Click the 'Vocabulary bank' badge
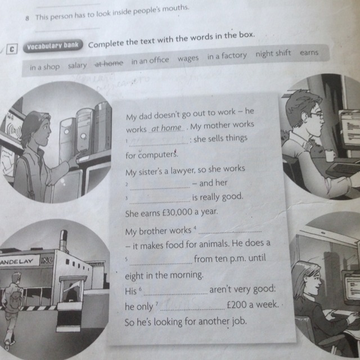53,46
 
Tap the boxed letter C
12,49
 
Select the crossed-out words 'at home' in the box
109,63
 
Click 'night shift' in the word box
273,54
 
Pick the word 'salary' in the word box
78,66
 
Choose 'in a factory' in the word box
227,56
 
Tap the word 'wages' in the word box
188,58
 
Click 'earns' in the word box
309,52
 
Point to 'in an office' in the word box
150,61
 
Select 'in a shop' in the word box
45,67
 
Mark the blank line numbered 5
161,264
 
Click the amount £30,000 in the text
178,213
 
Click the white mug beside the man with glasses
330,155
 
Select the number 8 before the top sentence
28,18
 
